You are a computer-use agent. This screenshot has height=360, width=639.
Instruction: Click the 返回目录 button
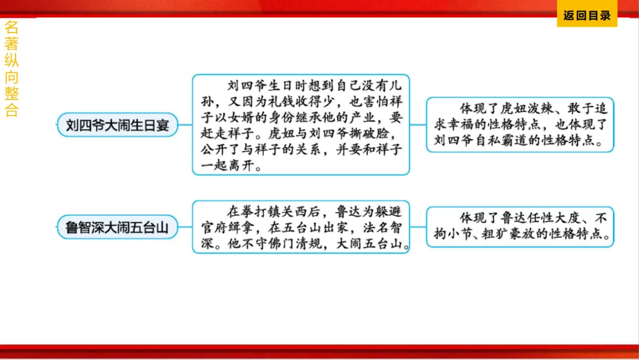(586, 16)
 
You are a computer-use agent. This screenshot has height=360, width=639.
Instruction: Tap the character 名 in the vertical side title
(11, 27)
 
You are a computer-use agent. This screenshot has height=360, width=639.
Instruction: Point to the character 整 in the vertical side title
(11, 94)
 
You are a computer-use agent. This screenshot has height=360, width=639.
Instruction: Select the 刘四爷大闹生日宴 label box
(117, 125)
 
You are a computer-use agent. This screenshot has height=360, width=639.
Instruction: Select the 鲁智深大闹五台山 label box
(117, 227)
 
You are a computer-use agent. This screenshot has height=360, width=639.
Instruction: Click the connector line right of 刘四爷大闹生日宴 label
(185, 125)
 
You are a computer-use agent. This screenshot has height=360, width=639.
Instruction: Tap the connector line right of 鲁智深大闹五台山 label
(185, 227)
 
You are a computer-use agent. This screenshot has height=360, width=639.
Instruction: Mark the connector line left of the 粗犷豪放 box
(418, 227)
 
